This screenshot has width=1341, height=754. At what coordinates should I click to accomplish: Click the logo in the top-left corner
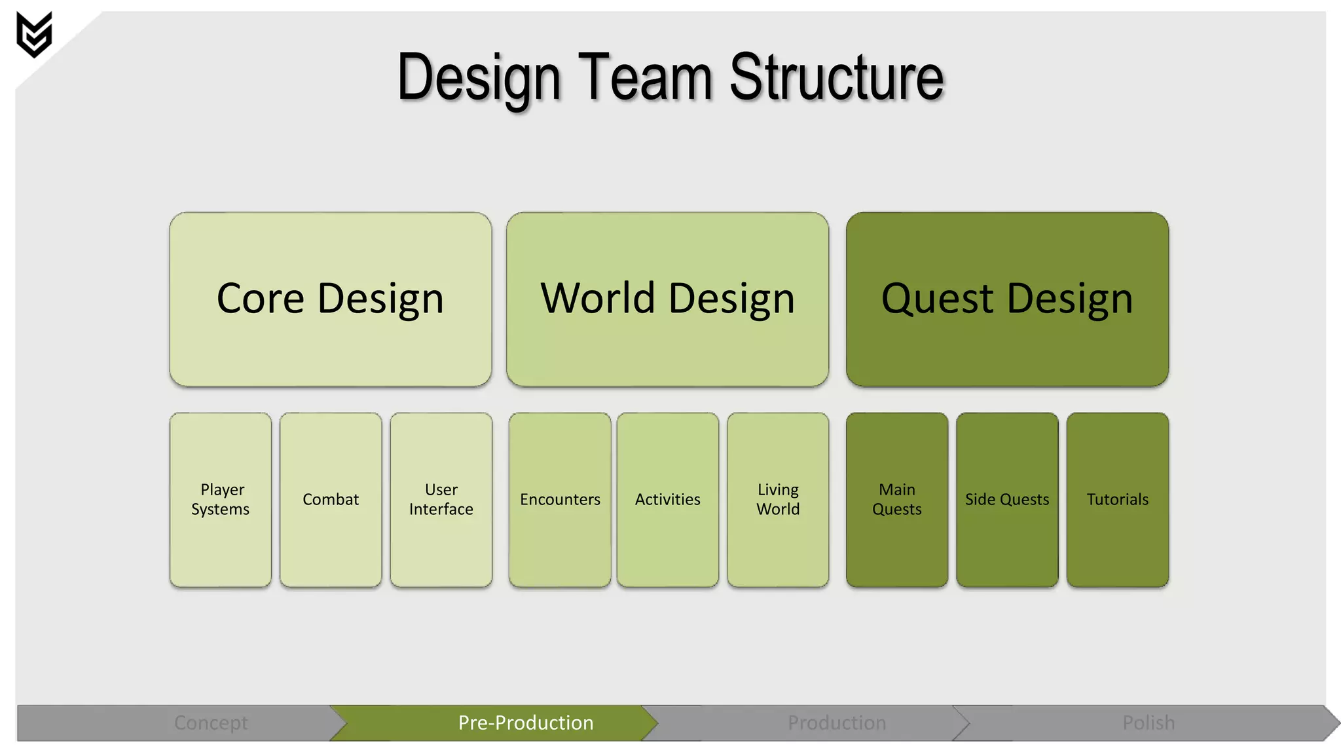[x=34, y=34]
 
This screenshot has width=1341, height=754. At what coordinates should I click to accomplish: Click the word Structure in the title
[x=836, y=77]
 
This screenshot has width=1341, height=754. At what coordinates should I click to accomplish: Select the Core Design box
[x=330, y=299]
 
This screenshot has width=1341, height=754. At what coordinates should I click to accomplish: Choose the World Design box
[x=667, y=299]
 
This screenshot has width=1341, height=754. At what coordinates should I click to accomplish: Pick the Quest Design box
[x=1007, y=299]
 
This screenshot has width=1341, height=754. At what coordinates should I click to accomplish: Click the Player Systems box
[x=221, y=499]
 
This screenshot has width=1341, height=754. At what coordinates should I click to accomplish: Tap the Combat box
[x=331, y=499]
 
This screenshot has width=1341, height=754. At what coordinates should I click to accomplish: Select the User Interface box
[x=441, y=499]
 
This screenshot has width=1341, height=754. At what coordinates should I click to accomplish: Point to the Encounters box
[x=560, y=499]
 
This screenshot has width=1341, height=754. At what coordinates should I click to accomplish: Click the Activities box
[x=667, y=499]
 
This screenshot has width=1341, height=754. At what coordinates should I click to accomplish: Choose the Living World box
[x=778, y=499]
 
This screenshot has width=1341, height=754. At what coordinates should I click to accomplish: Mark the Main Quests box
[x=896, y=499]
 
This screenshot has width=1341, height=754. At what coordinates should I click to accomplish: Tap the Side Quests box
[x=1007, y=499]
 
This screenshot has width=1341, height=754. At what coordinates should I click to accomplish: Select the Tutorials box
[x=1117, y=499]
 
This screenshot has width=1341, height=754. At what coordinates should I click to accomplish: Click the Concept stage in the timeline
[x=211, y=723]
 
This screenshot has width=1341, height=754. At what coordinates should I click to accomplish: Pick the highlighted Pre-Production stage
[x=525, y=723]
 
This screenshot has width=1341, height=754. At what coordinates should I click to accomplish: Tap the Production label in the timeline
[x=836, y=723]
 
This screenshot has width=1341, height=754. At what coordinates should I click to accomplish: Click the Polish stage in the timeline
[x=1148, y=723]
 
